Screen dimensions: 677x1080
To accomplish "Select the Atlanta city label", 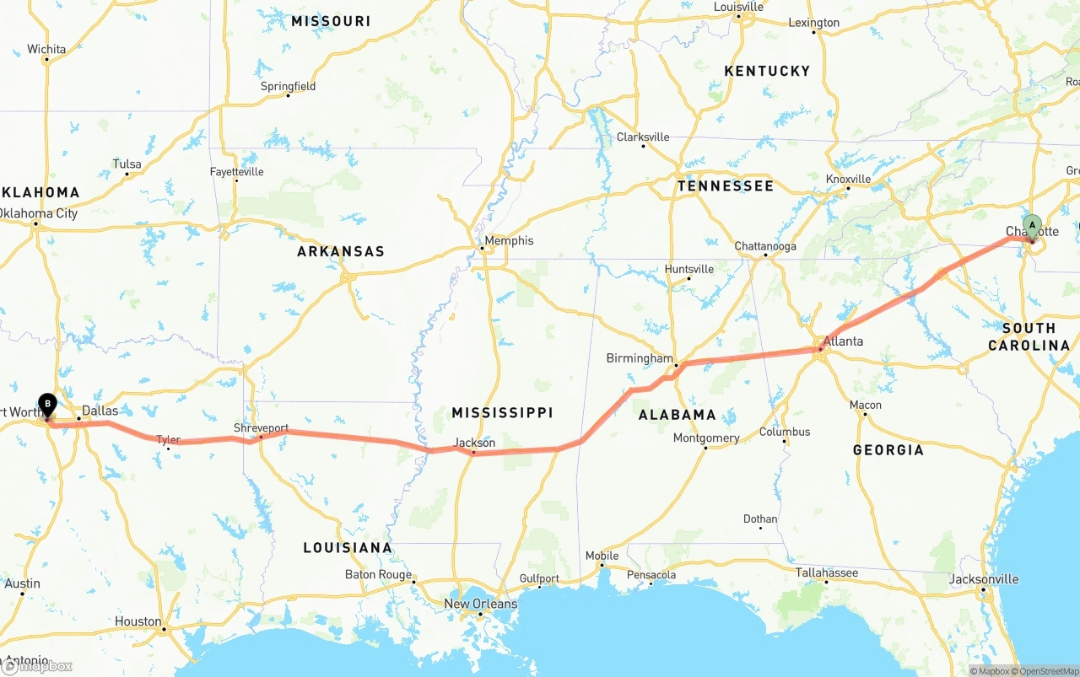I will [844, 341].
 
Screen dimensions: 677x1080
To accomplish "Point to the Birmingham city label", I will [640, 358].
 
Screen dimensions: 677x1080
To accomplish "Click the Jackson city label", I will [474, 443].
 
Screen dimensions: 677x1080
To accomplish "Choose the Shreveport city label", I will [261, 428].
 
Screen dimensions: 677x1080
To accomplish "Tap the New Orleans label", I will [480, 604].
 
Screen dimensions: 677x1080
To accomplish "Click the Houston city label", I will [138, 621].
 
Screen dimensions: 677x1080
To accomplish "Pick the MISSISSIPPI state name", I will [502, 412].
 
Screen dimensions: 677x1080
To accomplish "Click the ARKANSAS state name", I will [340, 251].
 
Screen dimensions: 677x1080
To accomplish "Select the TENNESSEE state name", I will [725, 185].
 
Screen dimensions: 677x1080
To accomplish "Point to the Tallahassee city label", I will [826, 573].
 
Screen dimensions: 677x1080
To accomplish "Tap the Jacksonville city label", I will [983, 579].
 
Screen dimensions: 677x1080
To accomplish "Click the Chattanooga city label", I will [764, 246].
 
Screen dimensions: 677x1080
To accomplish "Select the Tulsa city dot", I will [127, 175].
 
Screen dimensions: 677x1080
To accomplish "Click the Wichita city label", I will [46, 49].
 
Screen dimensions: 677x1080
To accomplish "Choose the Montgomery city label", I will [706, 438].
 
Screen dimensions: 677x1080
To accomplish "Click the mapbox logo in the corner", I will [37, 666].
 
